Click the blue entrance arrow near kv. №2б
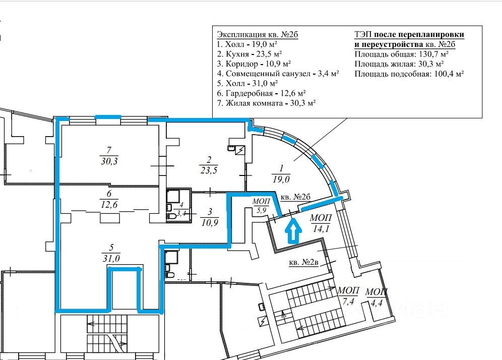tap(293, 231)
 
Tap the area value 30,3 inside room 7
tap(109, 161)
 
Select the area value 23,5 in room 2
tap(209, 170)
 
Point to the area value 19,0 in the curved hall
tap(281, 179)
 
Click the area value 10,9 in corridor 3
tap(210, 222)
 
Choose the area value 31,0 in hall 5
tap(111, 258)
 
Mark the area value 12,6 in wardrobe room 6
tap(109, 204)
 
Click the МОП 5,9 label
tap(261, 206)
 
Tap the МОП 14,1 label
tap(321, 223)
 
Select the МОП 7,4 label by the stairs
tap(348, 295)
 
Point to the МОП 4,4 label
tap(376, 297)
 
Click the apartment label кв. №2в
tap(303, 262)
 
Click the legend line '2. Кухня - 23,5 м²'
tap(249, 54)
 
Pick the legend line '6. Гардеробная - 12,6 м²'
tap(261, 93)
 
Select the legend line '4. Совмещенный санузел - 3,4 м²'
tap(278, 73)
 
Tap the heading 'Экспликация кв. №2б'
tap(258, 34)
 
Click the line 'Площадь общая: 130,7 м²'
tap(402, 54)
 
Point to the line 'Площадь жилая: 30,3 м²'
tap(399, 64)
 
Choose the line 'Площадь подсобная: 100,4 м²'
tap(409, 74)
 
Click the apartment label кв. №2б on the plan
tap(295, 197)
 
